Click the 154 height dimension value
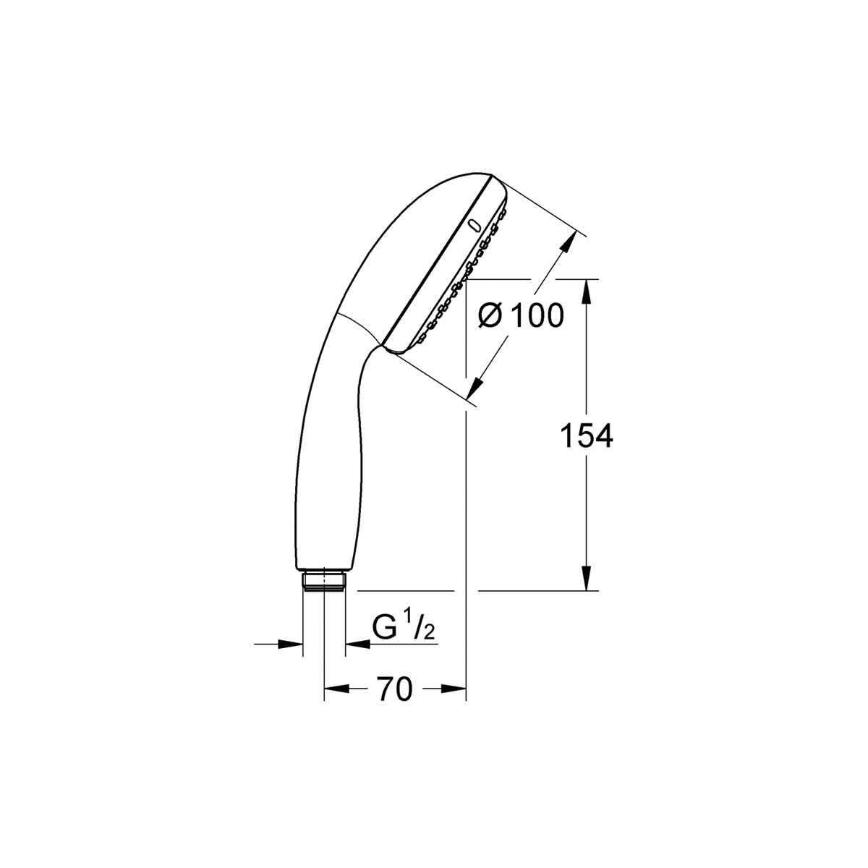coord(587,436)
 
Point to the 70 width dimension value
coord(394,689)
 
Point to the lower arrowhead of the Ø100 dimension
coord(475,388)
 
